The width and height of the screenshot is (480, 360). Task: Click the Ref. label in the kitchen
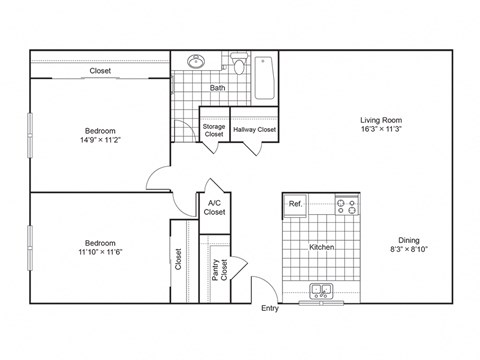tap(295, 204)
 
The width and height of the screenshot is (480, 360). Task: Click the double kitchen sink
tap(321, 292)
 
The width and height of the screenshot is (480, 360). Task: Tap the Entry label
tap(270, 309)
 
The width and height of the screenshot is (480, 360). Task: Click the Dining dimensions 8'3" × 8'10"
tap(410, 249)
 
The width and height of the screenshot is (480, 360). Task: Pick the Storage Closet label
tap(214, 131)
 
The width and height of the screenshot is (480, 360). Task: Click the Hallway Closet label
tap(254, 130)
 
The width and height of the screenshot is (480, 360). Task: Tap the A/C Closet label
tap(215, 208)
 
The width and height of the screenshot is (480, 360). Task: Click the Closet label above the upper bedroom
tap(100, 71)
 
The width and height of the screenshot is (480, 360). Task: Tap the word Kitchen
tap(321, 247)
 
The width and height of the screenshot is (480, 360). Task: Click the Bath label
tap(217, 88)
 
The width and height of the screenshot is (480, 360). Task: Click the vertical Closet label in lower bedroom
tap(179, 260)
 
